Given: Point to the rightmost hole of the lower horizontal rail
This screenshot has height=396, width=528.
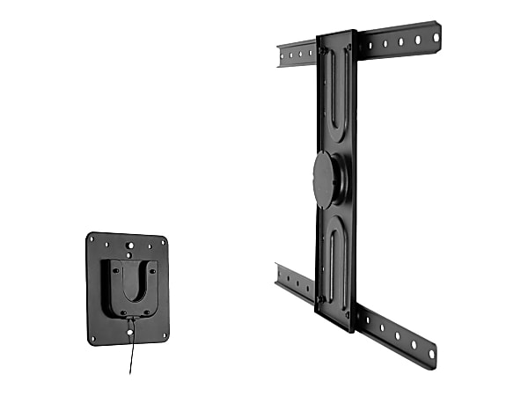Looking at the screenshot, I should [431, 354].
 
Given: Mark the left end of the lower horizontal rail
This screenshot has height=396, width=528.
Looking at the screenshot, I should [280, 277].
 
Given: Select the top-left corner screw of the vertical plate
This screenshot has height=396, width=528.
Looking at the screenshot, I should [322, 51].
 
